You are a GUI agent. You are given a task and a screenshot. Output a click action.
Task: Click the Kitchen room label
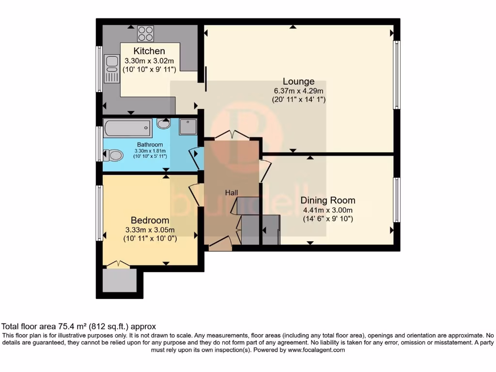pos(149,51)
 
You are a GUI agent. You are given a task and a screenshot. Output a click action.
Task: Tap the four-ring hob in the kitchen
pos(145,33)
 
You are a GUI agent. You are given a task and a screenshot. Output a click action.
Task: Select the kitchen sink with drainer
pos(112,69)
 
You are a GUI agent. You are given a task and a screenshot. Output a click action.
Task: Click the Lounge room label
pos(298,81)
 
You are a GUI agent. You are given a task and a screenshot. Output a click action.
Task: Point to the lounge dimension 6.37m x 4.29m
pos(298,91)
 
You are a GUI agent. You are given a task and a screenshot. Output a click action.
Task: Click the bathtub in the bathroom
pos(127,128)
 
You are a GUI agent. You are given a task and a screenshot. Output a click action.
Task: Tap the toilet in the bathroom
pos(113,155)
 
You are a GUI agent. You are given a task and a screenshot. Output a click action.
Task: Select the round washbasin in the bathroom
pos(164,124)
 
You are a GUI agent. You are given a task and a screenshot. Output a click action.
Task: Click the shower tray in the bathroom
pos(188,127)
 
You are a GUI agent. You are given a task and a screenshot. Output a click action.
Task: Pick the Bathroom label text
pos(150,144)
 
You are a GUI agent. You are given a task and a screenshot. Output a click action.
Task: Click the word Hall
pos(232,193)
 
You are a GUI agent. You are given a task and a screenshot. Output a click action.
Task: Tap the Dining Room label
pos(328,200)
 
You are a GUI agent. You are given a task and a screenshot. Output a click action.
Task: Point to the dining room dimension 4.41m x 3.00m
pos(328,210)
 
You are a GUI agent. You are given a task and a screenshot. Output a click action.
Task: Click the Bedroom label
pos(150,220)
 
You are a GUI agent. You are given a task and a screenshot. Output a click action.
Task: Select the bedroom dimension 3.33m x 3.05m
pos(150,230)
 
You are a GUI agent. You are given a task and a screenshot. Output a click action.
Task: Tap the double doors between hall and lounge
pos(232,135)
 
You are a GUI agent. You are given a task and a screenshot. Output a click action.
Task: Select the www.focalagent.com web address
pos(316,350)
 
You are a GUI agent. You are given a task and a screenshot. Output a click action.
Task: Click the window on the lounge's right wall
pos(397,75)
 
